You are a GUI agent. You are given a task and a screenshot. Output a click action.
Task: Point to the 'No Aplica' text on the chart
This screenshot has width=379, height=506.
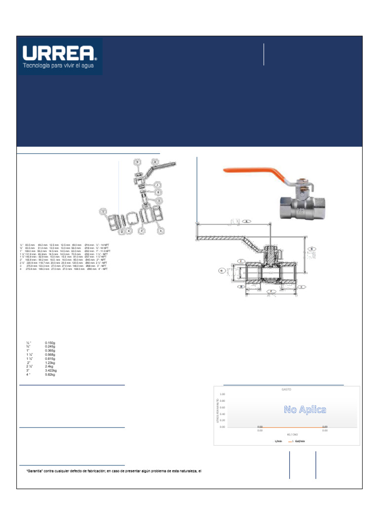(x=304, y=410)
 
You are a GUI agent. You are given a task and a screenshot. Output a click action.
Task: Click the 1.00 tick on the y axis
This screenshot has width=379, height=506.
(x=223, y=394)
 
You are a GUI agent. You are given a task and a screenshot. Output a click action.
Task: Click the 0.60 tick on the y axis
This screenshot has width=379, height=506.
(x=223, y=407)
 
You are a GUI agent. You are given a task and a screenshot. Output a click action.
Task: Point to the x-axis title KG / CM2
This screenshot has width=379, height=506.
(x=287, y=434)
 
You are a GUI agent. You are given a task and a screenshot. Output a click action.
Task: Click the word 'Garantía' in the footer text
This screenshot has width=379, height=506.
(x=37, y=471)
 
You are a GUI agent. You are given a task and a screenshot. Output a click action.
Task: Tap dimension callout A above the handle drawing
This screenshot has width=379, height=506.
(x=247, y=222)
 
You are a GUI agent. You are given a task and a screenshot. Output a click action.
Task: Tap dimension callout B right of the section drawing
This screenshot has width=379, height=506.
(x=311, y=249)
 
